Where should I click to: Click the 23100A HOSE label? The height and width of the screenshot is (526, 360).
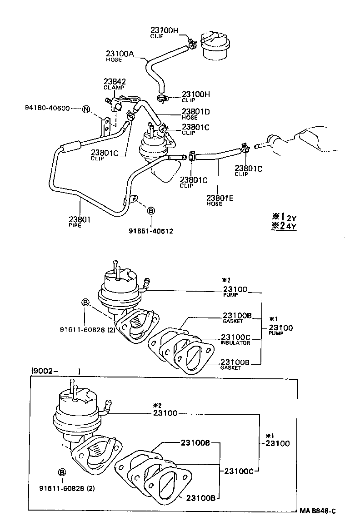[120, 55]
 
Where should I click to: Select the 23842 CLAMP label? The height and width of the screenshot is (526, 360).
[115, 84]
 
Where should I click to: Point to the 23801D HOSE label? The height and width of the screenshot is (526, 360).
[195, 114]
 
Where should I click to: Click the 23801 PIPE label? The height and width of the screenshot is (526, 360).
[80, 221]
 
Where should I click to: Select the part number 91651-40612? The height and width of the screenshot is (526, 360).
[150, 231]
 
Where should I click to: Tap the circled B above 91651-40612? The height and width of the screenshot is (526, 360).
[150, 211]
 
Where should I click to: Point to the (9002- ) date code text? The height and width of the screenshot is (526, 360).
[55, 371]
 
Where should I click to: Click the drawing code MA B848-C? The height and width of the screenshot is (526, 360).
[317, 511]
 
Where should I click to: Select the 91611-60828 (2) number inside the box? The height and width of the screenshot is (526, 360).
[67, 488]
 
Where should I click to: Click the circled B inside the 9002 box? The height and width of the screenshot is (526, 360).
[62, 472]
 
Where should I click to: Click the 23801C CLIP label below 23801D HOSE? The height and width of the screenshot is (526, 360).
[195, 129]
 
